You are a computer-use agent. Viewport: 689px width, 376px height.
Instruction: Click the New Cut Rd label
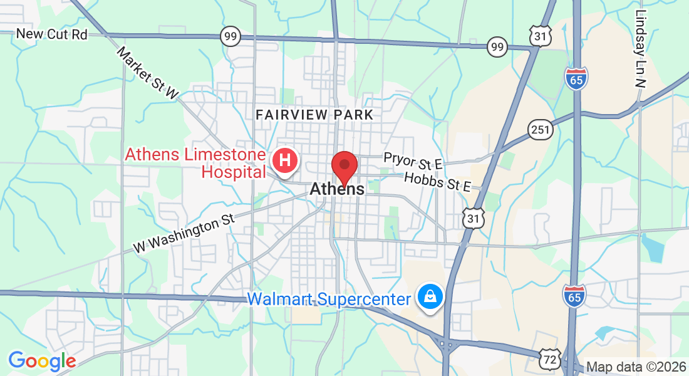52,34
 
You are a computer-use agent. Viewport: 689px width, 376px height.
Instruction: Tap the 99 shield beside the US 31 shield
497,46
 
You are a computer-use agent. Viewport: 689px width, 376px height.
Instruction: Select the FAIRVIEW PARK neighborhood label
314,115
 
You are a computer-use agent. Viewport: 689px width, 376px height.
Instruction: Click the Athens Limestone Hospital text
195,162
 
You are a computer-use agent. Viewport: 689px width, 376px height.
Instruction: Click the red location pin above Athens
344,166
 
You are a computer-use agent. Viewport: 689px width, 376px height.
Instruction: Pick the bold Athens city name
336,189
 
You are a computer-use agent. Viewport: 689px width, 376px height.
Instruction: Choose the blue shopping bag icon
431,297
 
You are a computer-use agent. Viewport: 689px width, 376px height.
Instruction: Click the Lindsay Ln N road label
640,48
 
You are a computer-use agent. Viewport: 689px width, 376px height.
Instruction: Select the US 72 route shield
549,359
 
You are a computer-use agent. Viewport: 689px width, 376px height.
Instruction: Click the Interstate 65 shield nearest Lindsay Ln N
576,78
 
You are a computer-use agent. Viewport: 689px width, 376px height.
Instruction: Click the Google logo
42,361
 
